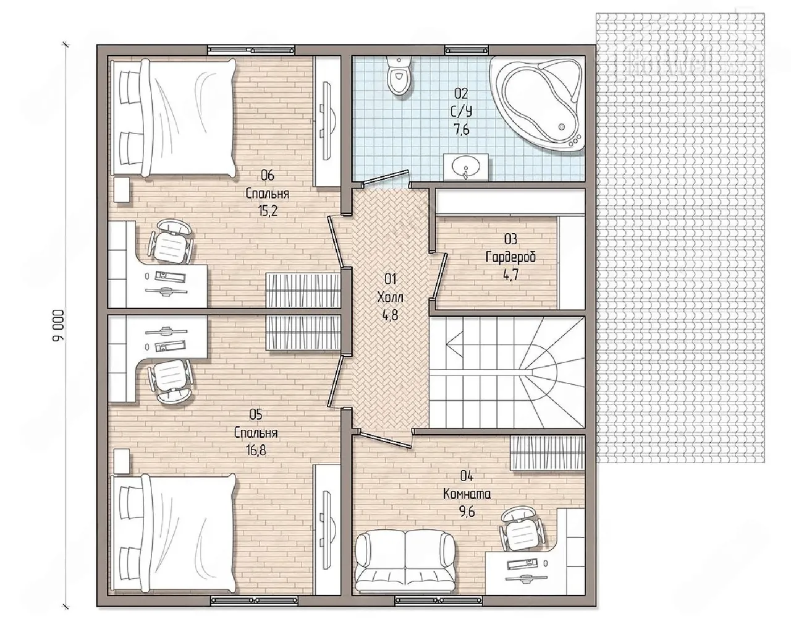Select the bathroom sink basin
pos(466,168)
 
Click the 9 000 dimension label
pos(59,325)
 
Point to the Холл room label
pos(390,297)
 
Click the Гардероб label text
pos(510,257)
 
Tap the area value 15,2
pos(268,211)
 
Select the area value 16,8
pos(256,450)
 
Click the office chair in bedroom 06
pos(170,242)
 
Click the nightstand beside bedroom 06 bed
pos(121,189)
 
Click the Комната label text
pos(467,494)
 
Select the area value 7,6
pos(461,129)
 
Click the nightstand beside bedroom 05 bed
pos(121,461)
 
